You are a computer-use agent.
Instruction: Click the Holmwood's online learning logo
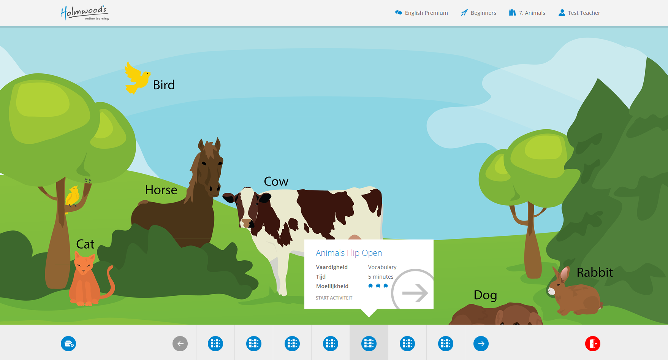[85, 13]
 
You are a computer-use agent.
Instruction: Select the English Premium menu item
[421, 13]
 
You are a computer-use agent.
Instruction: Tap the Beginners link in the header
[478, 13]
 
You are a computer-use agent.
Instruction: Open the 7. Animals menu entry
[527, 13]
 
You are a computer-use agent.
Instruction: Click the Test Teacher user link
[579, 13]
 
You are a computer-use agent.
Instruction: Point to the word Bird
[164, 85]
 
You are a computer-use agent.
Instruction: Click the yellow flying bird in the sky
[137, 78]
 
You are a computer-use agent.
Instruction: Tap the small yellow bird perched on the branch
[73, 196]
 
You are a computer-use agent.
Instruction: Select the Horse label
[161, 190]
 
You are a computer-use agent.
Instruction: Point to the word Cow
[276, 181]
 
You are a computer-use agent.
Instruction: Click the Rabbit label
[595, 272]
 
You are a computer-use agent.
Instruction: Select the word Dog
[485, 295]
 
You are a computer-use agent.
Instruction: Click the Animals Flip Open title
[349, 253]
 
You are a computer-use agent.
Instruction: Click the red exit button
[592, 344]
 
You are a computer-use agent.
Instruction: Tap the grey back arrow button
[180, 344]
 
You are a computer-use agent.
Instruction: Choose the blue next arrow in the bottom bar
[481, 344]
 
